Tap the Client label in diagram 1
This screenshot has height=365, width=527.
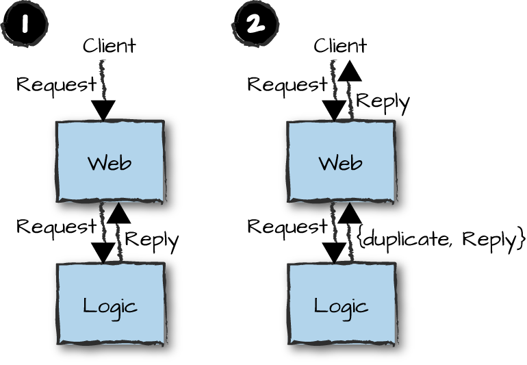[110, 46]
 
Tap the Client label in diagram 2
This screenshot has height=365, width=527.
[340, 46]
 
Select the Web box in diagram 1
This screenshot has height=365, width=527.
[110, 162]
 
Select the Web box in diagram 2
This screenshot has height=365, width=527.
[340, 162]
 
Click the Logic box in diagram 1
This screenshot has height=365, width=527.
[110, 305]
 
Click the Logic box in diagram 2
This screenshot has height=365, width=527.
[340, 305]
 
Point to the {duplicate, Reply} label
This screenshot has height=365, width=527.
[441, 239]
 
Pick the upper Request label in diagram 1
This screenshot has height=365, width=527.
[56, 85]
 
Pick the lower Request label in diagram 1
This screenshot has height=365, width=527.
[56, 226]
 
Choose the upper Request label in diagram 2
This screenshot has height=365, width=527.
[287, 85]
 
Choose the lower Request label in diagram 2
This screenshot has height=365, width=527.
[287, 226]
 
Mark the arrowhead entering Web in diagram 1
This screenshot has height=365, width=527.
[103, 110]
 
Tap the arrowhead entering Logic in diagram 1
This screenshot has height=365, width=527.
[103, 253]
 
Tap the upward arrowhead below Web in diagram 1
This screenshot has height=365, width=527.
[118, 213]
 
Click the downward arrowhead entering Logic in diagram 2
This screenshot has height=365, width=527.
[334, 253]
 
